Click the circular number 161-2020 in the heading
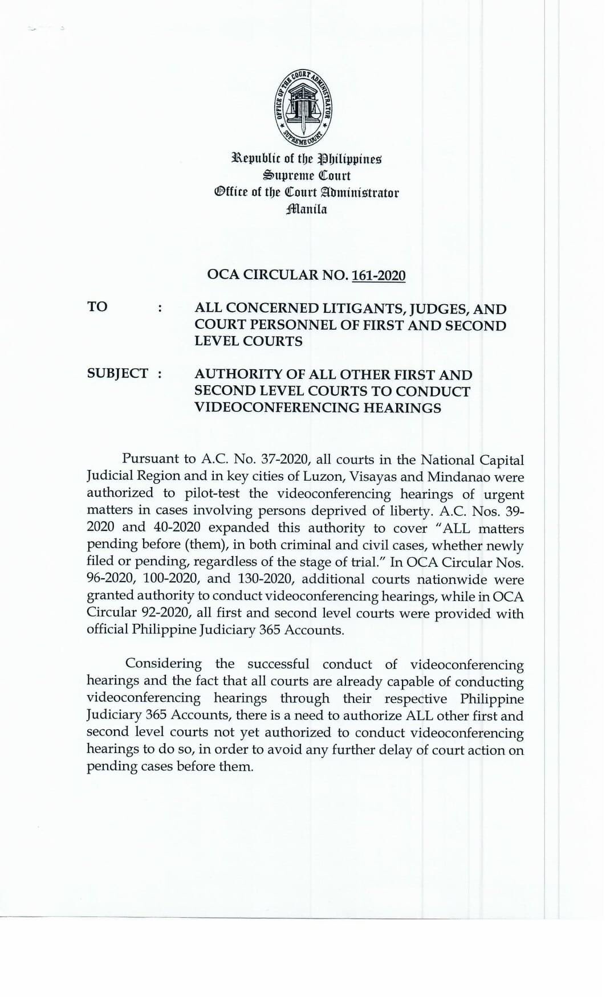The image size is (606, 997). point(379,276)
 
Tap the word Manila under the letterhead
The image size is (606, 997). point(307,209)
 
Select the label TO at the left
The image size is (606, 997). point(97,307)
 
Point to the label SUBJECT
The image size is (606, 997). point(117,374)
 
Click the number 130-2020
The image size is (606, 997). point(266,579)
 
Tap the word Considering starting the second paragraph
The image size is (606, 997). point(163,664)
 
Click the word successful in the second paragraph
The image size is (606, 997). point(278,664)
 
